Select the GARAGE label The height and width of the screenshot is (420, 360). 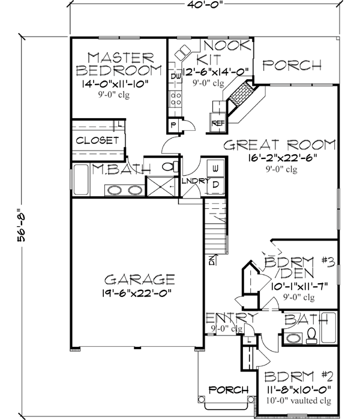(x=139, y=280)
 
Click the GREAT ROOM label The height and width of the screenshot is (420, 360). (x=279, y=145)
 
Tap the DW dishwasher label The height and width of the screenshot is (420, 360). (x=176, y=77)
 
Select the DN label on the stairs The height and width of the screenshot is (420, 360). (x=212, y=260)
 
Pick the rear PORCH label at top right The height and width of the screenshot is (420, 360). (x=292, y=65)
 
